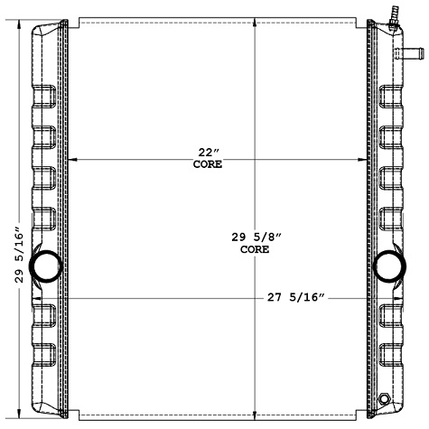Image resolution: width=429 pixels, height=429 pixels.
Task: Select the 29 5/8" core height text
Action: point(256,237)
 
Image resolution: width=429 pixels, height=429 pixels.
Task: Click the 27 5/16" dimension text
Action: point(296,296)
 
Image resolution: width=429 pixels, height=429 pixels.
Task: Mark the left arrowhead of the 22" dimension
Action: point(73,160)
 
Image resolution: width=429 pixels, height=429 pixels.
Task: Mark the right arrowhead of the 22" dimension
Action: point(364,160)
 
